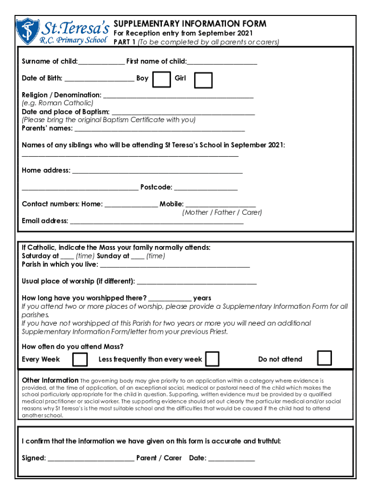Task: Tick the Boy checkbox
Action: [161, 80]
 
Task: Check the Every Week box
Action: [80, 359]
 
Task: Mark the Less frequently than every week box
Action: [212, 359]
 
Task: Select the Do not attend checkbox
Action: [324, 358]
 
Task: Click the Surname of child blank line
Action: [101, 62]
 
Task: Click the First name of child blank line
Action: [222, 62]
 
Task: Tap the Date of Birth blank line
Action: [99, 79]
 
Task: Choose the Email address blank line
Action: [157, 222]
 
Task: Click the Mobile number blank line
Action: [220, 205]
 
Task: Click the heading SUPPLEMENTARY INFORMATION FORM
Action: [190, 24]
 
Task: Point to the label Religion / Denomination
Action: [62, 95]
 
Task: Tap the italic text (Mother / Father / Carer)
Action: [222, 213]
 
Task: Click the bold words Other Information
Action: [50, 380]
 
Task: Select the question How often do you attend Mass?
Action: [73, 346]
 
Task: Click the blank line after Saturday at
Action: [67, 257]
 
